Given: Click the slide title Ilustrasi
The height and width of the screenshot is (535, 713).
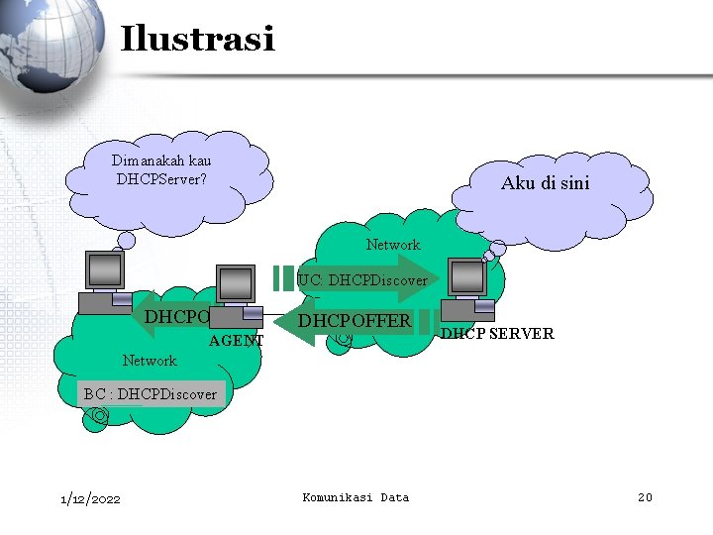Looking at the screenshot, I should (x=196, y=40).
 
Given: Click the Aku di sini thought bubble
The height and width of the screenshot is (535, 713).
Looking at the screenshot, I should (x=545, y=183).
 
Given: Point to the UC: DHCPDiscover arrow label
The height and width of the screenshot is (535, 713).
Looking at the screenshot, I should (x=362, y=280).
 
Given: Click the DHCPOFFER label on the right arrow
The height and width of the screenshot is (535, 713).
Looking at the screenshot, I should (x=355, y=321).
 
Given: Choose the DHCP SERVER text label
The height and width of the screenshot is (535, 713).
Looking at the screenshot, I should (x=497, y=334).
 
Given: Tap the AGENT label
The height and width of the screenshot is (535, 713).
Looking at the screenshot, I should (x=237, y=341).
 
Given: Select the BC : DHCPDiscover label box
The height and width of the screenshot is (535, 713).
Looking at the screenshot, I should (x=151, y=394).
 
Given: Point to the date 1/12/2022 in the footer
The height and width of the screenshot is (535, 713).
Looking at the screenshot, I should (x=90, y=498).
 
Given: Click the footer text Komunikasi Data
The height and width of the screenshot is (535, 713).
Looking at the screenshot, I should (x=355, y=497).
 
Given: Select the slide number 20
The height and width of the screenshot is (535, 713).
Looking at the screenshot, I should (x=644, y=497).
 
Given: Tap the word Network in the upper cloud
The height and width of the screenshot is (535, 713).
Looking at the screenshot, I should (x=392, y=245).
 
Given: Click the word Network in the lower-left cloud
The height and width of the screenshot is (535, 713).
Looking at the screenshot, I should (x=149, y=361).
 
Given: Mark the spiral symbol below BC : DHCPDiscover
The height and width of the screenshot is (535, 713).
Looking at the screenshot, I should (x=97, y=419).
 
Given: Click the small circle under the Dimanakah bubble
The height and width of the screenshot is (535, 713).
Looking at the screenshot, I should (x=127, y=240).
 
